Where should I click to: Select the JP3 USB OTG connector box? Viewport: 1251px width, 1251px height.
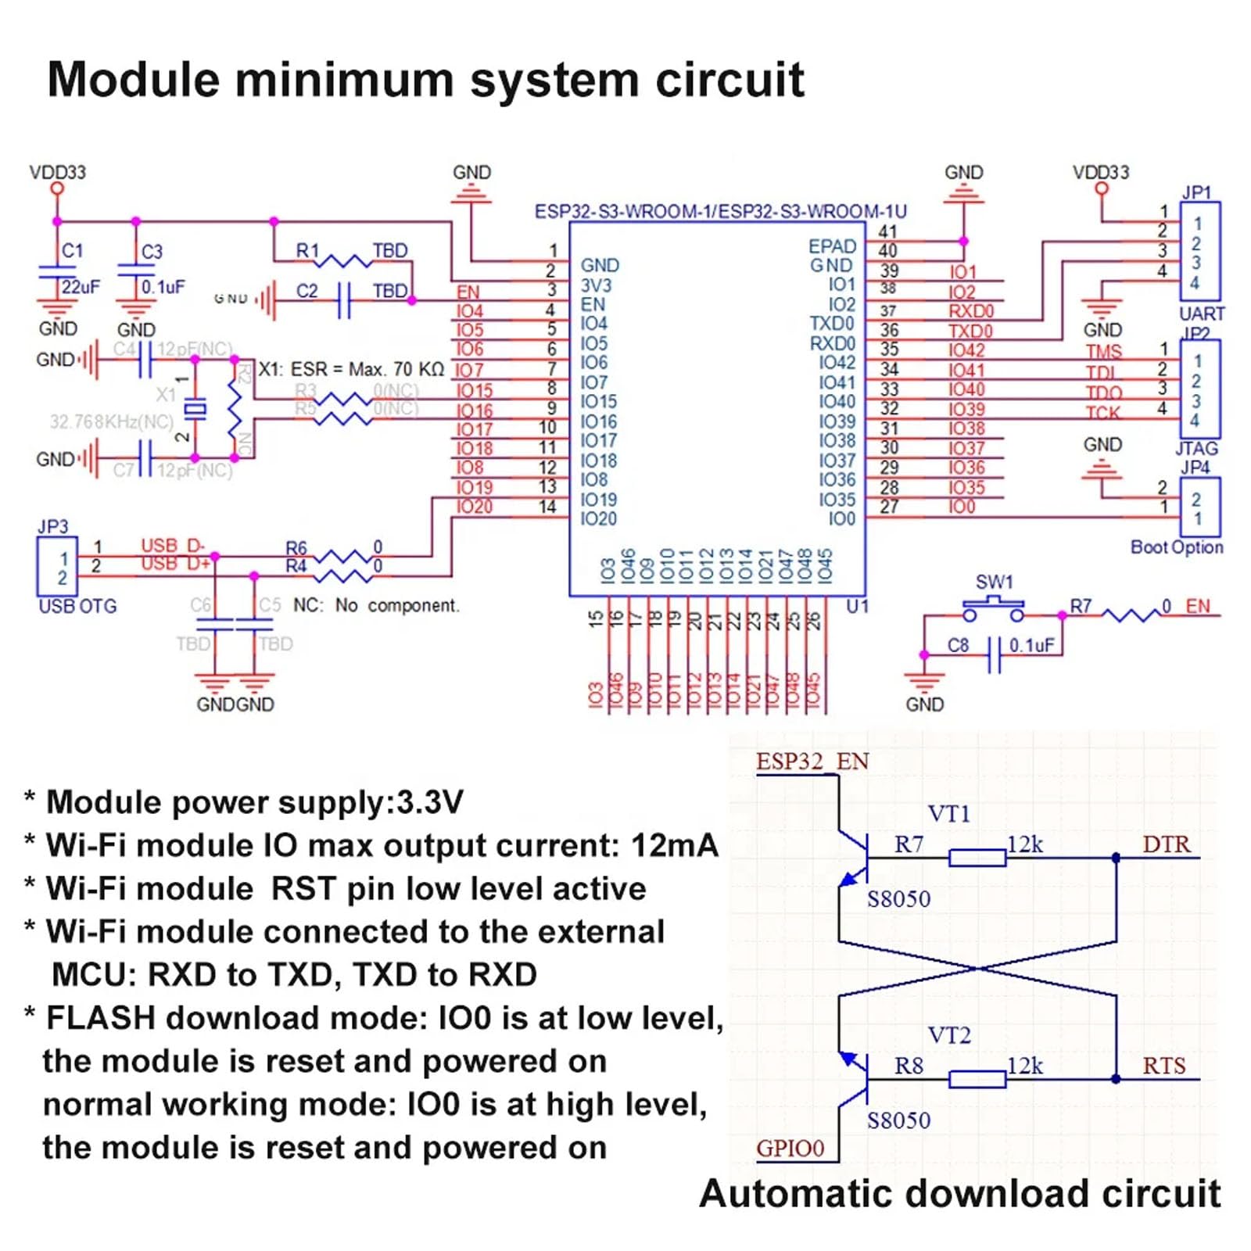pos(57,566)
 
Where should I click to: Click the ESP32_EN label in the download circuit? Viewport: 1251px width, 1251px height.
pos(812,762)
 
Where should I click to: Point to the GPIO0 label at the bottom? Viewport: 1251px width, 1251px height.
pos(790,1148)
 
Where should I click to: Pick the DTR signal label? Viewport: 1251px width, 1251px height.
pos(1166,844)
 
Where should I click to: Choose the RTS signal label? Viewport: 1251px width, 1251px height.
pos(1163,1066)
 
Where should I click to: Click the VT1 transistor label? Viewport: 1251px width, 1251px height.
pos(948,814)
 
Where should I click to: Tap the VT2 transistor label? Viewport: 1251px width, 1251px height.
pos(948,1035)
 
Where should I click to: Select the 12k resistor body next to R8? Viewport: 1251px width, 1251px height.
pos(977,1080)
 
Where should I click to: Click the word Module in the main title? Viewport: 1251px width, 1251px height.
pos(134,80)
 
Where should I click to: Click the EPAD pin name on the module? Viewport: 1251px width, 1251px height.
pos(832,246)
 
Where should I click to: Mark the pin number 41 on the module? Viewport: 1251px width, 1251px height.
pos(887,231)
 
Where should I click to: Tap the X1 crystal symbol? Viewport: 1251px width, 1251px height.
pos(195,408)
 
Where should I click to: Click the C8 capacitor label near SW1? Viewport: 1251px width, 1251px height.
pos(958,645)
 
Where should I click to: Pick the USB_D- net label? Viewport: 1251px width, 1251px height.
pos(172,545)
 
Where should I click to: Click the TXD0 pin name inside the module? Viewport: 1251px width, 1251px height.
pos(832,324)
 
